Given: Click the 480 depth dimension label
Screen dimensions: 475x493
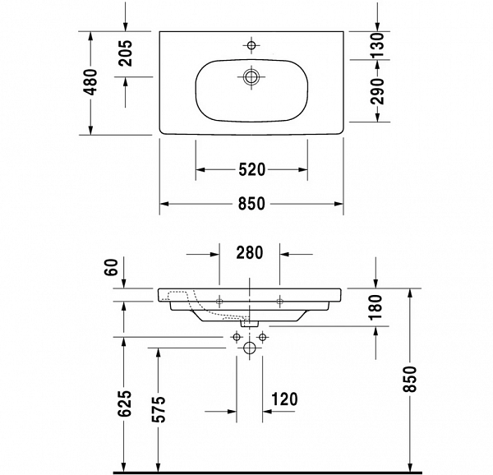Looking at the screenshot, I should click(x=91, y=82).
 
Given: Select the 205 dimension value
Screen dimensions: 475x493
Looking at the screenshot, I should click(x=126, y=54).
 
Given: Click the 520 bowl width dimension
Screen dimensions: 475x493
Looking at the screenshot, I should click(x=251, y=170).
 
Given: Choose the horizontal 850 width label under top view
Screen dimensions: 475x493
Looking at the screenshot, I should click(x=251, y=205).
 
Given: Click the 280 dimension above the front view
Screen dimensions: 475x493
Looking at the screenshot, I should click(x=249, y=252).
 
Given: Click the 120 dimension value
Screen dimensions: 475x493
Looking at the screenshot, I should click(x=283, y=400).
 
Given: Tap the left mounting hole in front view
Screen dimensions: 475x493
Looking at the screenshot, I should click(x=220, y=298).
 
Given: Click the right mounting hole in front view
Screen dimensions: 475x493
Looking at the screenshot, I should click(x=279, y=298).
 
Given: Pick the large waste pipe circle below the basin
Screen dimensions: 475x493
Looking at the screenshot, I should click(x=250, y=348).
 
